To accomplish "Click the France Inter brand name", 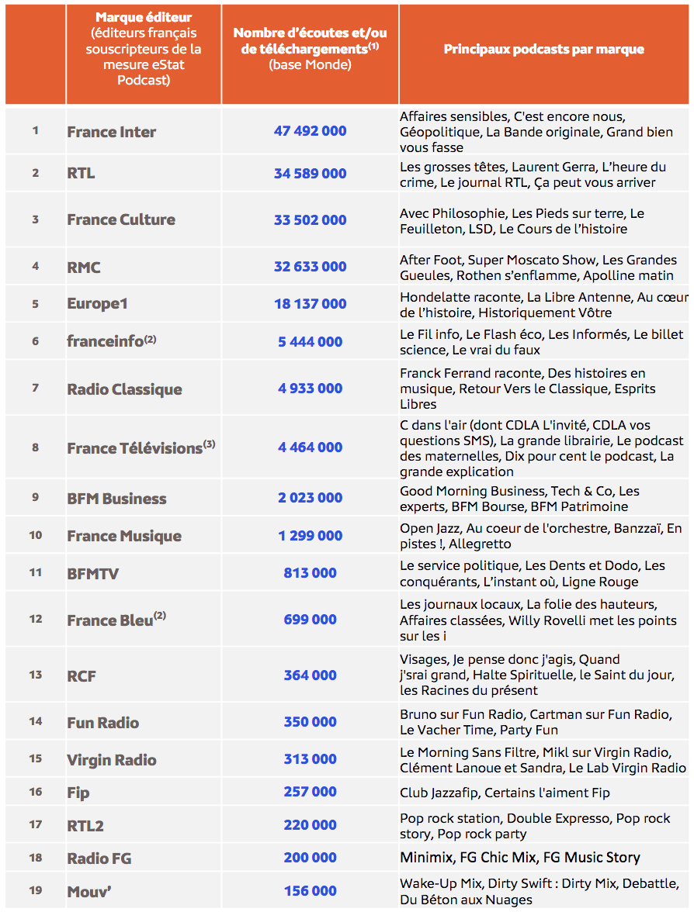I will (x=111, y=132).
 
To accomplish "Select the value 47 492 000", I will (x=310, y=131).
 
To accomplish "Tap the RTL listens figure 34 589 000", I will (x=310, y=173).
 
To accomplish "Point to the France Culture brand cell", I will (x=121, y=219).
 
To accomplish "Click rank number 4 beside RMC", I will (x=35, y=266).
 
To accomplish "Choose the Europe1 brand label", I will (x=97, y=303).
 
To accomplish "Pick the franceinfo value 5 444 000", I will (x=310, y=341).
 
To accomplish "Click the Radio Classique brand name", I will (x=124, y=389).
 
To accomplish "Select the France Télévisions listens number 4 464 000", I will (x=310, y=447).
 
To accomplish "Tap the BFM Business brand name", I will (x=116, y=499).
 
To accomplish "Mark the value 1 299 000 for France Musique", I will (x=310, y=535).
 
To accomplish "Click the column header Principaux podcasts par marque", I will (x=543, y=49).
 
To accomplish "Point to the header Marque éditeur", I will (x=144, y=17).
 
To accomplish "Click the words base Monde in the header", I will (x=310, y=65).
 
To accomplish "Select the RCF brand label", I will (x=82, y=675).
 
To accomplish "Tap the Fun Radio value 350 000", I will (x=310, y=722).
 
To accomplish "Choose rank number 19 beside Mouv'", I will (x=35, y=890).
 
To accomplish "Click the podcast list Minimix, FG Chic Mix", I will (x=519, y=857).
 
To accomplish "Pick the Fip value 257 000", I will (x=310, y=792).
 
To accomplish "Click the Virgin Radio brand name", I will (x=112, y=760).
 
